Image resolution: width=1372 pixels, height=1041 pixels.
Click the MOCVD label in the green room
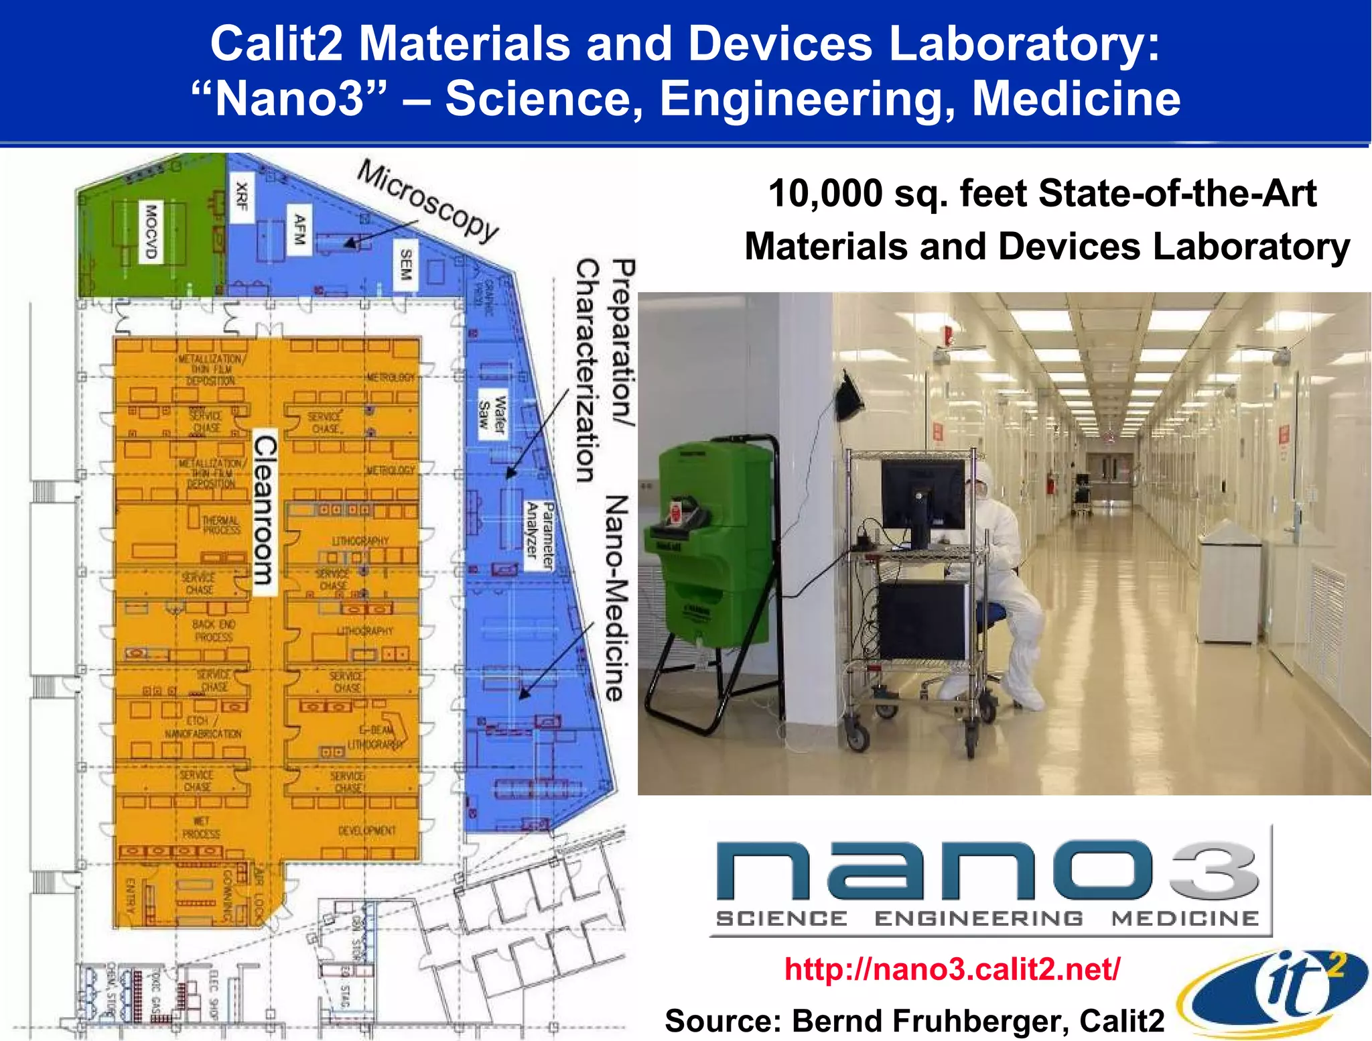coord(151,231)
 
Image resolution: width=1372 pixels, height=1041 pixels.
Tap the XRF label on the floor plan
coord(242,196)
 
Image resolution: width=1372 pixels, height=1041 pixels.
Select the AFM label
coord(299,229)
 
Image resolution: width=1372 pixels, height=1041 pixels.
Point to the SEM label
coord(405,265)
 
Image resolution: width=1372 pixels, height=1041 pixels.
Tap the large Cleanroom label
coord(265,510)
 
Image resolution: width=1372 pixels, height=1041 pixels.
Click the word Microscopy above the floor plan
coord(428,200)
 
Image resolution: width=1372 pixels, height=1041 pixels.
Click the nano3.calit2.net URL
coord(952,969)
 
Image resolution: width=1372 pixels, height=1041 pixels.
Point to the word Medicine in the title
coord(1076,99)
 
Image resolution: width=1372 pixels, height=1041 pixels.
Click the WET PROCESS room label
coord(201,827)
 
